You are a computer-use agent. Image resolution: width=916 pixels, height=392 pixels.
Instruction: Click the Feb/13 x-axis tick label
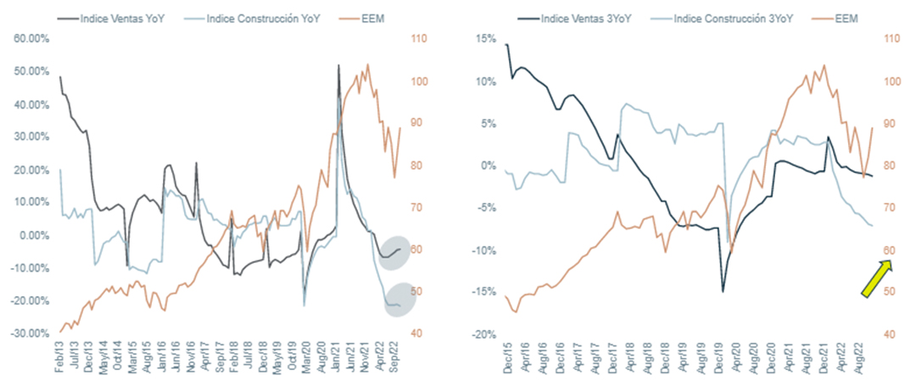point(60,363)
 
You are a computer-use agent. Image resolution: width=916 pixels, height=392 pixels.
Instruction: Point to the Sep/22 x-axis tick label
point(398,363)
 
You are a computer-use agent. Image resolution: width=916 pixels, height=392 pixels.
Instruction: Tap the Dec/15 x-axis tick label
point(506,363)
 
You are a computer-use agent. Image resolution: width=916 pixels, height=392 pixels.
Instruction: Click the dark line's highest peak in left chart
point(338,65)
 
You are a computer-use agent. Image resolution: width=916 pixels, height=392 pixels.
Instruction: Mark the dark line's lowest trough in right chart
point(723,292)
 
